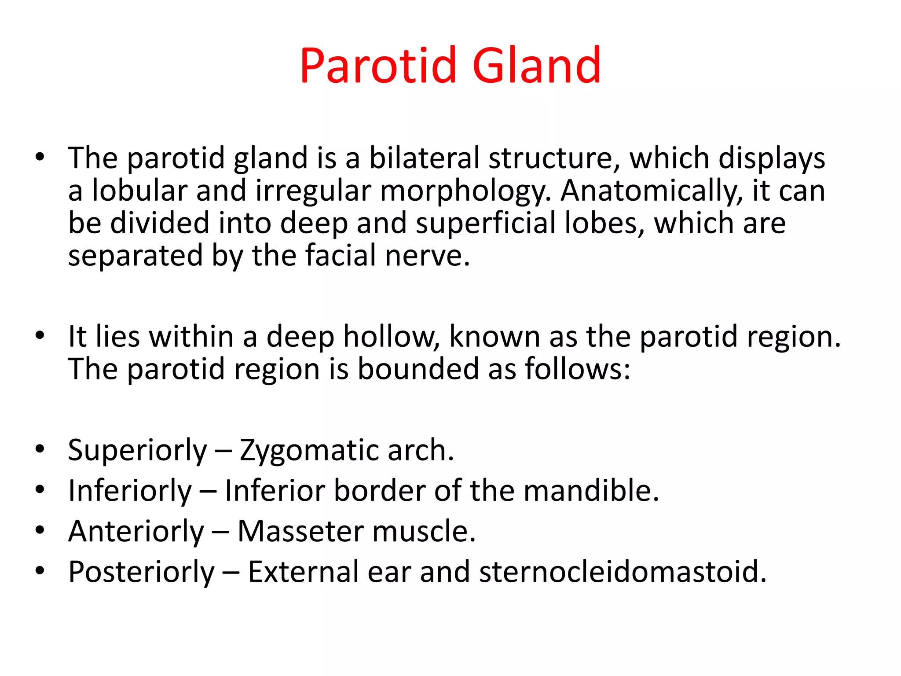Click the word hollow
tap(391, 337)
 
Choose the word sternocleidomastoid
tap(622, 572)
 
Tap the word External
tap(303, 572)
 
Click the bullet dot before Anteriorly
tap(40, 530)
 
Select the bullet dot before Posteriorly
tap(40, 571)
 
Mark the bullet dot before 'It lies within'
tap(40, 336)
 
